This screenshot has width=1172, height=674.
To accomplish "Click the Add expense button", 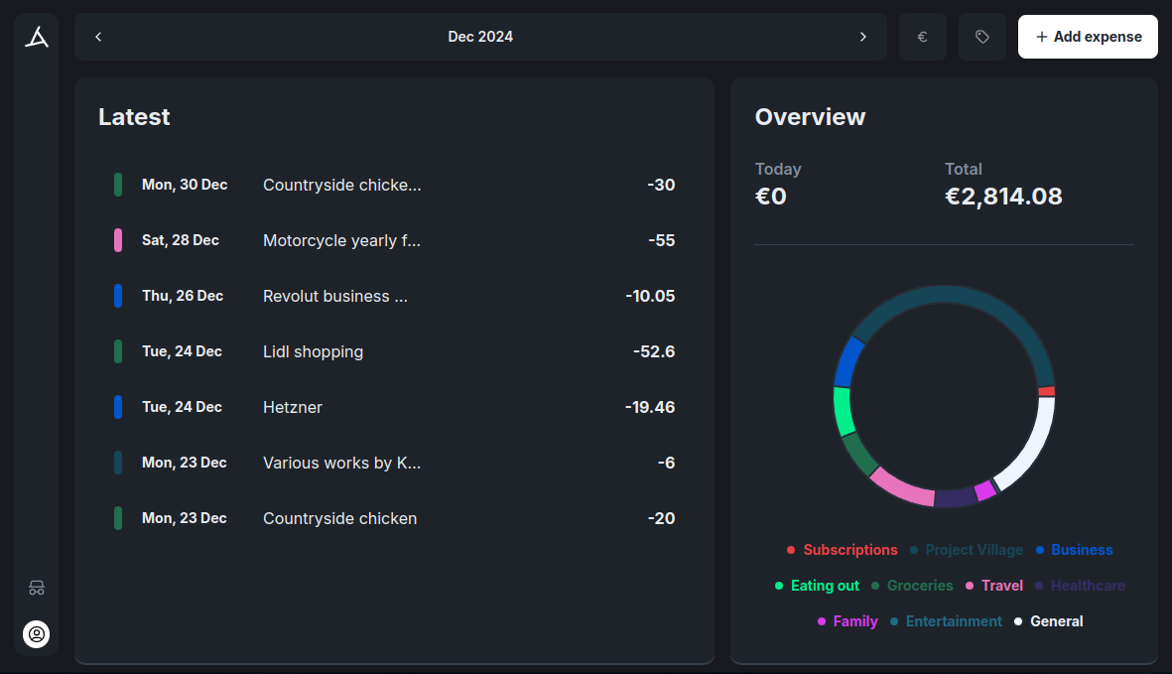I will pos(1088,37).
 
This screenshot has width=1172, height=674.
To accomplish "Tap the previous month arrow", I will pos(98,37).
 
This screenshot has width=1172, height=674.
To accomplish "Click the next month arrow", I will pos(862,37).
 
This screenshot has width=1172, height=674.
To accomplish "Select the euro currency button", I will pos(922,37).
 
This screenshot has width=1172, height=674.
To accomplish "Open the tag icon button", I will pos(981,37).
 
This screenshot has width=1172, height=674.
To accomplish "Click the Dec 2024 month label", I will pos(480,37).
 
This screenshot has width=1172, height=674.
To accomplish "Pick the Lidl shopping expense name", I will pos(313,351).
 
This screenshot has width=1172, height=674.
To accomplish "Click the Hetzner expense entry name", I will pos(293,407).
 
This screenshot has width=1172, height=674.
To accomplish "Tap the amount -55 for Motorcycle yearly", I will pos(661,240).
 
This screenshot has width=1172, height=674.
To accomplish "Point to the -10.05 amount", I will pos(650,296).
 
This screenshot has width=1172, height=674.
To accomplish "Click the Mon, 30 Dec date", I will pos(185,185).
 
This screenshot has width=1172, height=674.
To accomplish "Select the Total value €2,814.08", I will pos(1003,197).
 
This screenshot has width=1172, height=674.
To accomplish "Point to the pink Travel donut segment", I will pos(902,486).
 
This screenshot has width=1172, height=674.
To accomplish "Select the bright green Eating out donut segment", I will pos(844,410).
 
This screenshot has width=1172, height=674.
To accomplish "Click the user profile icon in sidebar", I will pos(37,633).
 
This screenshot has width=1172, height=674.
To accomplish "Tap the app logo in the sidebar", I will pos(37,38).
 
